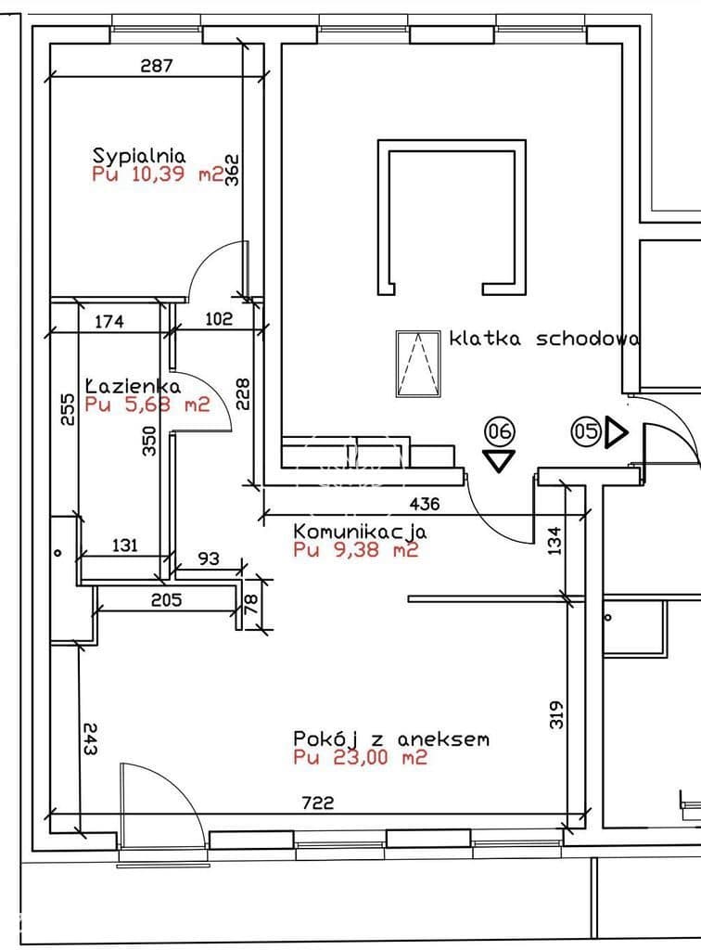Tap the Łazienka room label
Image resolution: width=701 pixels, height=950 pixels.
(x=132, y=385)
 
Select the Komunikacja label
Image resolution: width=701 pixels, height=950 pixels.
(x=360, y=532)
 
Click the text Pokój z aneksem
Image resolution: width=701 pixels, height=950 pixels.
(x=391, y=738)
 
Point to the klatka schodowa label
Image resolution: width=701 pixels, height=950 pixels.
(x=543, y=338)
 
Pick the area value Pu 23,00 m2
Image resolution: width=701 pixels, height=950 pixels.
(x=360, y=757)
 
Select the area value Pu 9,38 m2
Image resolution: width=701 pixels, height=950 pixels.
(x=356, y=550)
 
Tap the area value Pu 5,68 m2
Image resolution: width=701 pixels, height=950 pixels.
(x=147, y=404)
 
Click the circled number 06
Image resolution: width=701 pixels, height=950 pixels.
(x=500, y=431)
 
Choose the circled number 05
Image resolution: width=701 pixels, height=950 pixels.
(x=586, y=431)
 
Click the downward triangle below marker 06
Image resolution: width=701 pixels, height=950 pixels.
(x=500, y=460)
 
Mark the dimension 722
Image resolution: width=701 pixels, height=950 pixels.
(x=318, y=802)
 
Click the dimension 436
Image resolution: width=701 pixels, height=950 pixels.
(x=425, y=504)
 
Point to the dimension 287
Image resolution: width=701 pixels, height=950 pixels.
(x=157, y=65)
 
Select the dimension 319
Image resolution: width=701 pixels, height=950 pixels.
(x=556, y=714)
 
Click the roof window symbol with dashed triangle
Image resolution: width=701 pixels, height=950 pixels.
(x=418, y=364)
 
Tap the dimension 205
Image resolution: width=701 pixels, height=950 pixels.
(x=167, y=600)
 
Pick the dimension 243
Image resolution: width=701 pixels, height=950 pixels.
(x=90, y=738)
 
